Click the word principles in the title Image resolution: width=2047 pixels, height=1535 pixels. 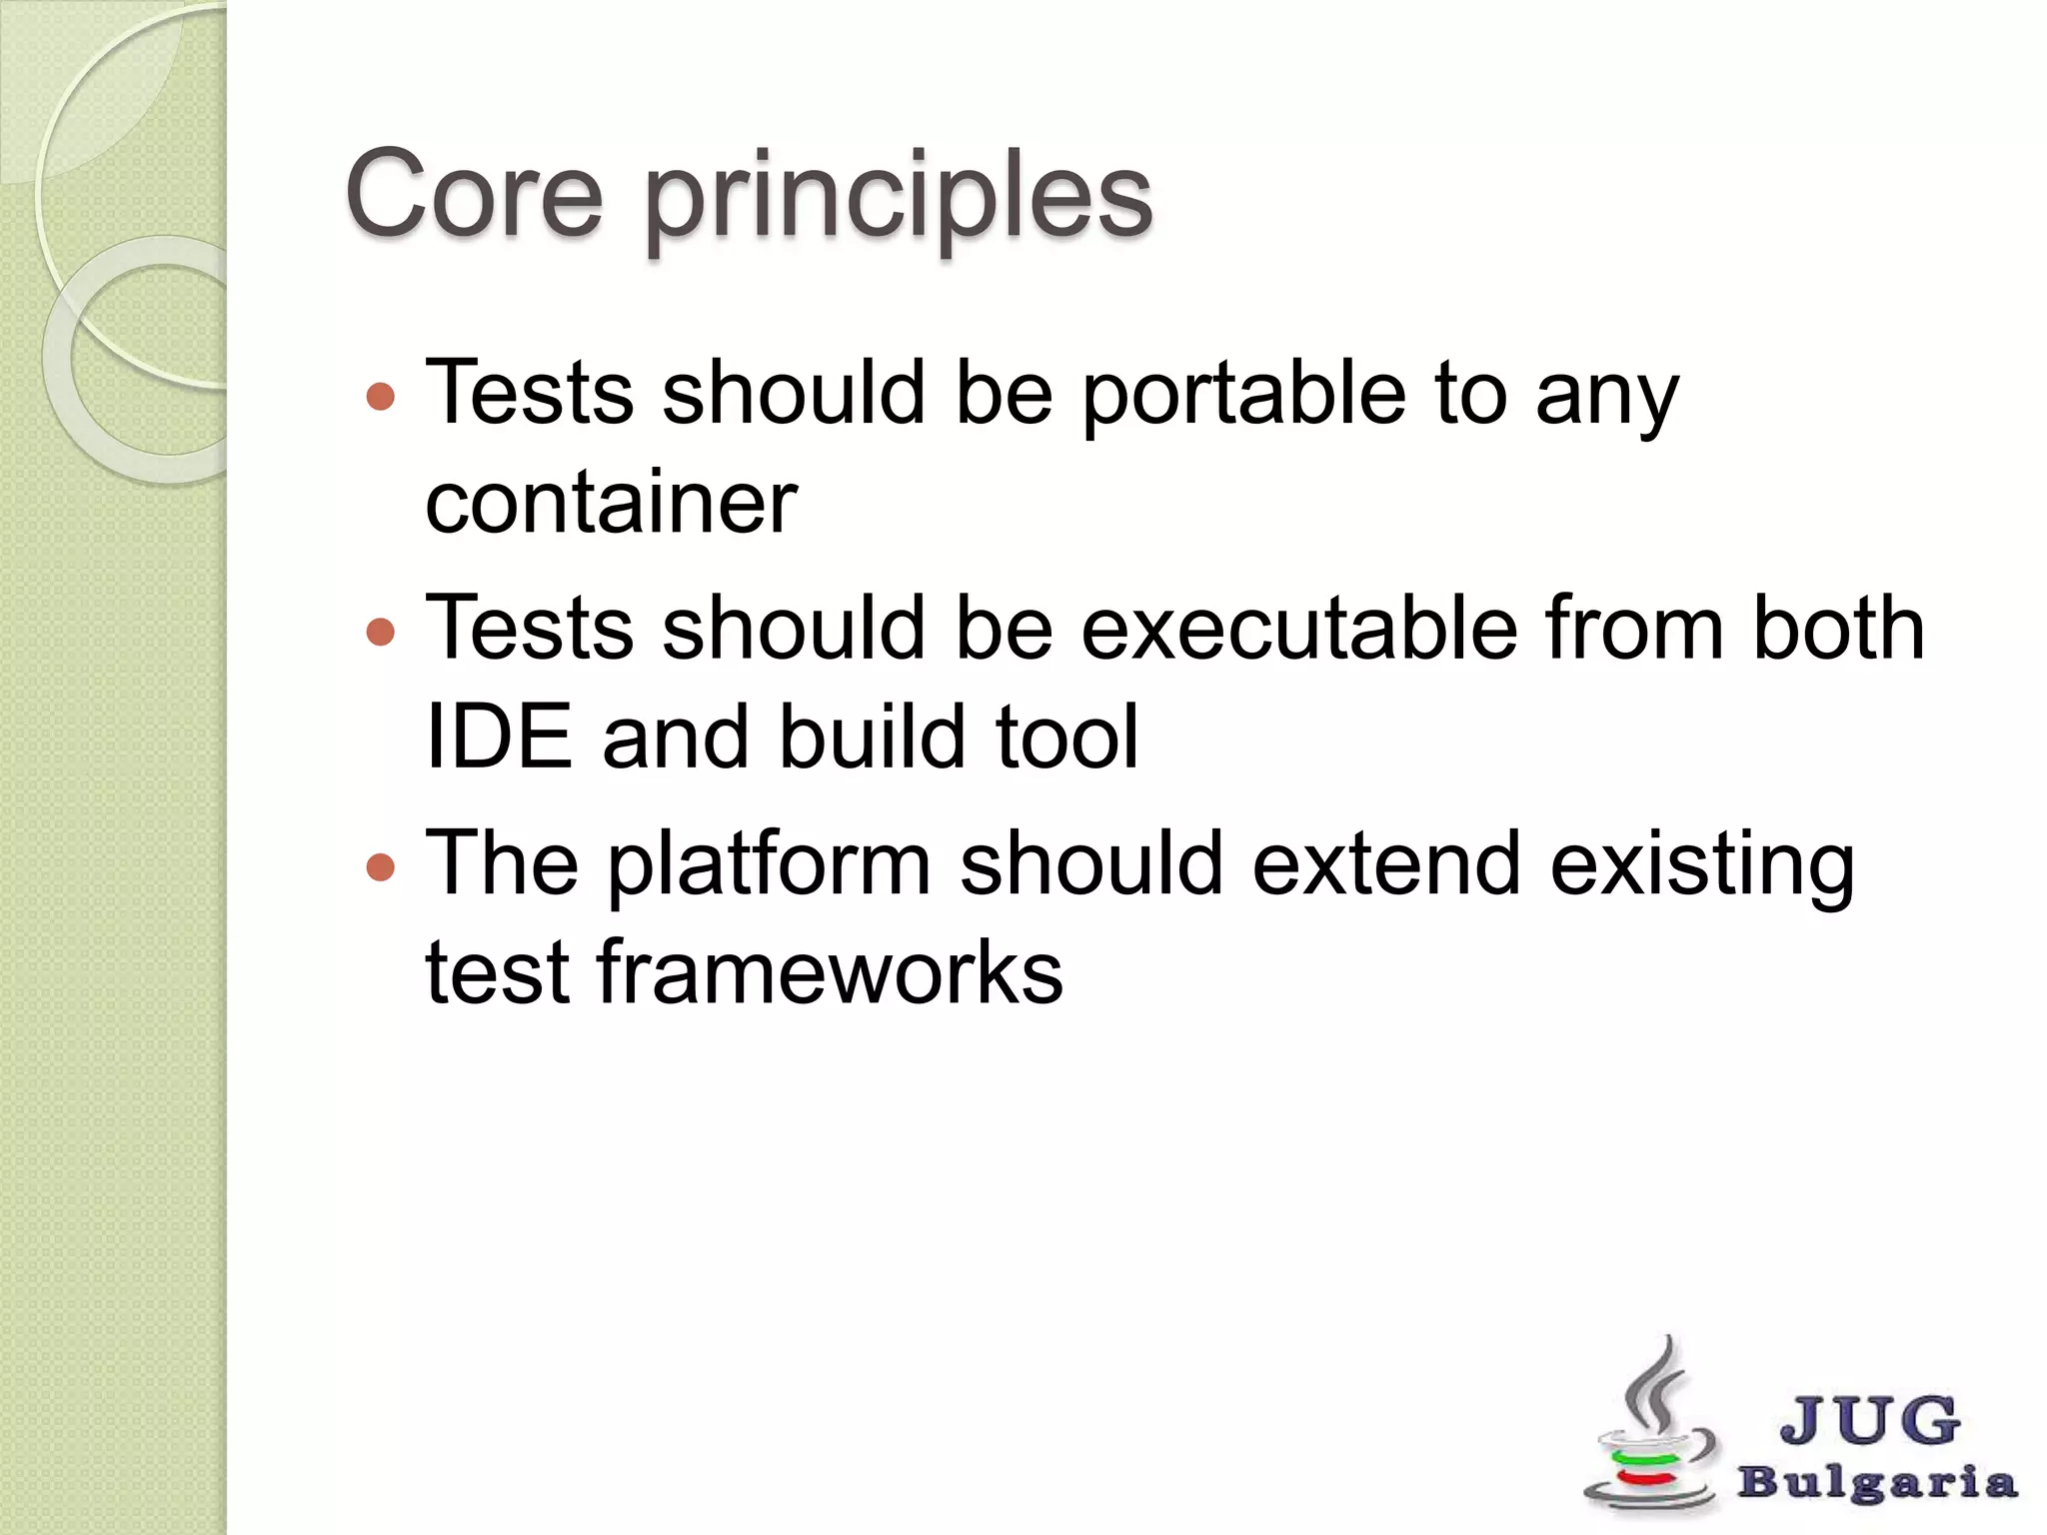(x=899, y=200)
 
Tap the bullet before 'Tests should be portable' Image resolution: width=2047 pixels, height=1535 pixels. (x=381, y=397)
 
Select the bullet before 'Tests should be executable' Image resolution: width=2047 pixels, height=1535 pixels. (x=381, y=632)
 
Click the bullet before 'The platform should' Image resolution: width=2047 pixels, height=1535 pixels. (x=381, y=866)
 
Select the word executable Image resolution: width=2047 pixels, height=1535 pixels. (x=1299, y=630)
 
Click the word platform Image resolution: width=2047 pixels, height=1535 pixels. (x=769, y=866)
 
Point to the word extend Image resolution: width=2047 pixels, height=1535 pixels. (x=1386, y=864)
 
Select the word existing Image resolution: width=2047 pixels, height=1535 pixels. (x=1701, y=866)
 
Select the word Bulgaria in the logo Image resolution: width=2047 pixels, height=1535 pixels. (x=1877, y=1483)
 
